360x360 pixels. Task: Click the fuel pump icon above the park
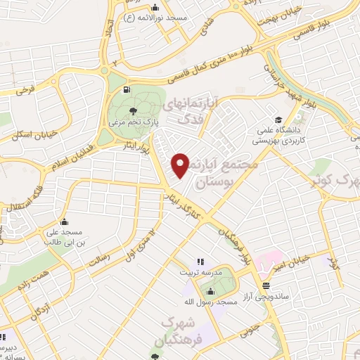point(126,89)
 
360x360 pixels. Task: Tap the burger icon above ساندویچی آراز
point(266,285)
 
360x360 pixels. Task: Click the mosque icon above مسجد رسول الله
point(210,290)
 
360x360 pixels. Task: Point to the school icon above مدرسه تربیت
point(200,262)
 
